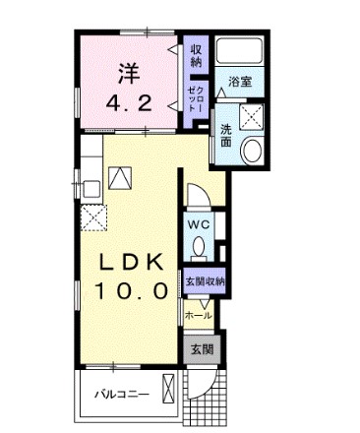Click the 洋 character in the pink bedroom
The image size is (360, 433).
tap(127, 72)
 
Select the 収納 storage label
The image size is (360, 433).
tap(196, 55)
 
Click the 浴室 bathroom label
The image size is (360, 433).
tap(241, 83)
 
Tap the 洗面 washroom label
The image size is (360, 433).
tap(226, 136)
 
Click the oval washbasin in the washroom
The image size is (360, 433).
tap(251, 151)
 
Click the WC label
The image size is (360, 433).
tap(198, 223)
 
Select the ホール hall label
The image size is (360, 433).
tap(198, 316)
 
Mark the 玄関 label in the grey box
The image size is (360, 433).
tap(202, 348)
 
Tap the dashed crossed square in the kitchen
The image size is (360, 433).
tap(93, 218)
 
